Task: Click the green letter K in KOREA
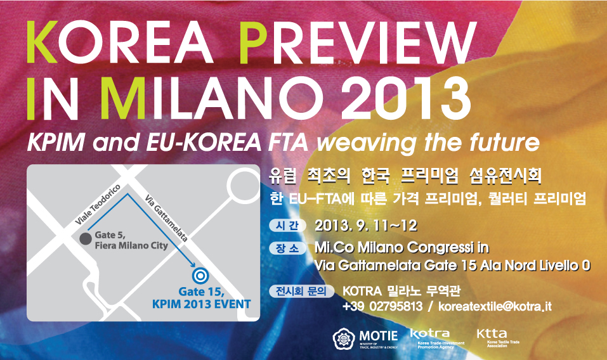tap(42, 42)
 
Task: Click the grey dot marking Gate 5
tap(86, 238)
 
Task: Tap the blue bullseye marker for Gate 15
tap(200, 276)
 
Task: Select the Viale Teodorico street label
tap(98, 205)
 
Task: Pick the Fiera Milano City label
tap(131, 245)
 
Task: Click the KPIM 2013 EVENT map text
tap(201, 304)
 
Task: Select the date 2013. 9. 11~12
tap(366, 226)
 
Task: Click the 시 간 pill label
tap(287, 226)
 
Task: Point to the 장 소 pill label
tap(287, 248)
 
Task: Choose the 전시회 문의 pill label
tap(301, 291)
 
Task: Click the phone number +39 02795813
tap(382, 307)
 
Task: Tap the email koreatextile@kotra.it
tap(495, 307)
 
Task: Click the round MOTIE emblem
tap(344, 339)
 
